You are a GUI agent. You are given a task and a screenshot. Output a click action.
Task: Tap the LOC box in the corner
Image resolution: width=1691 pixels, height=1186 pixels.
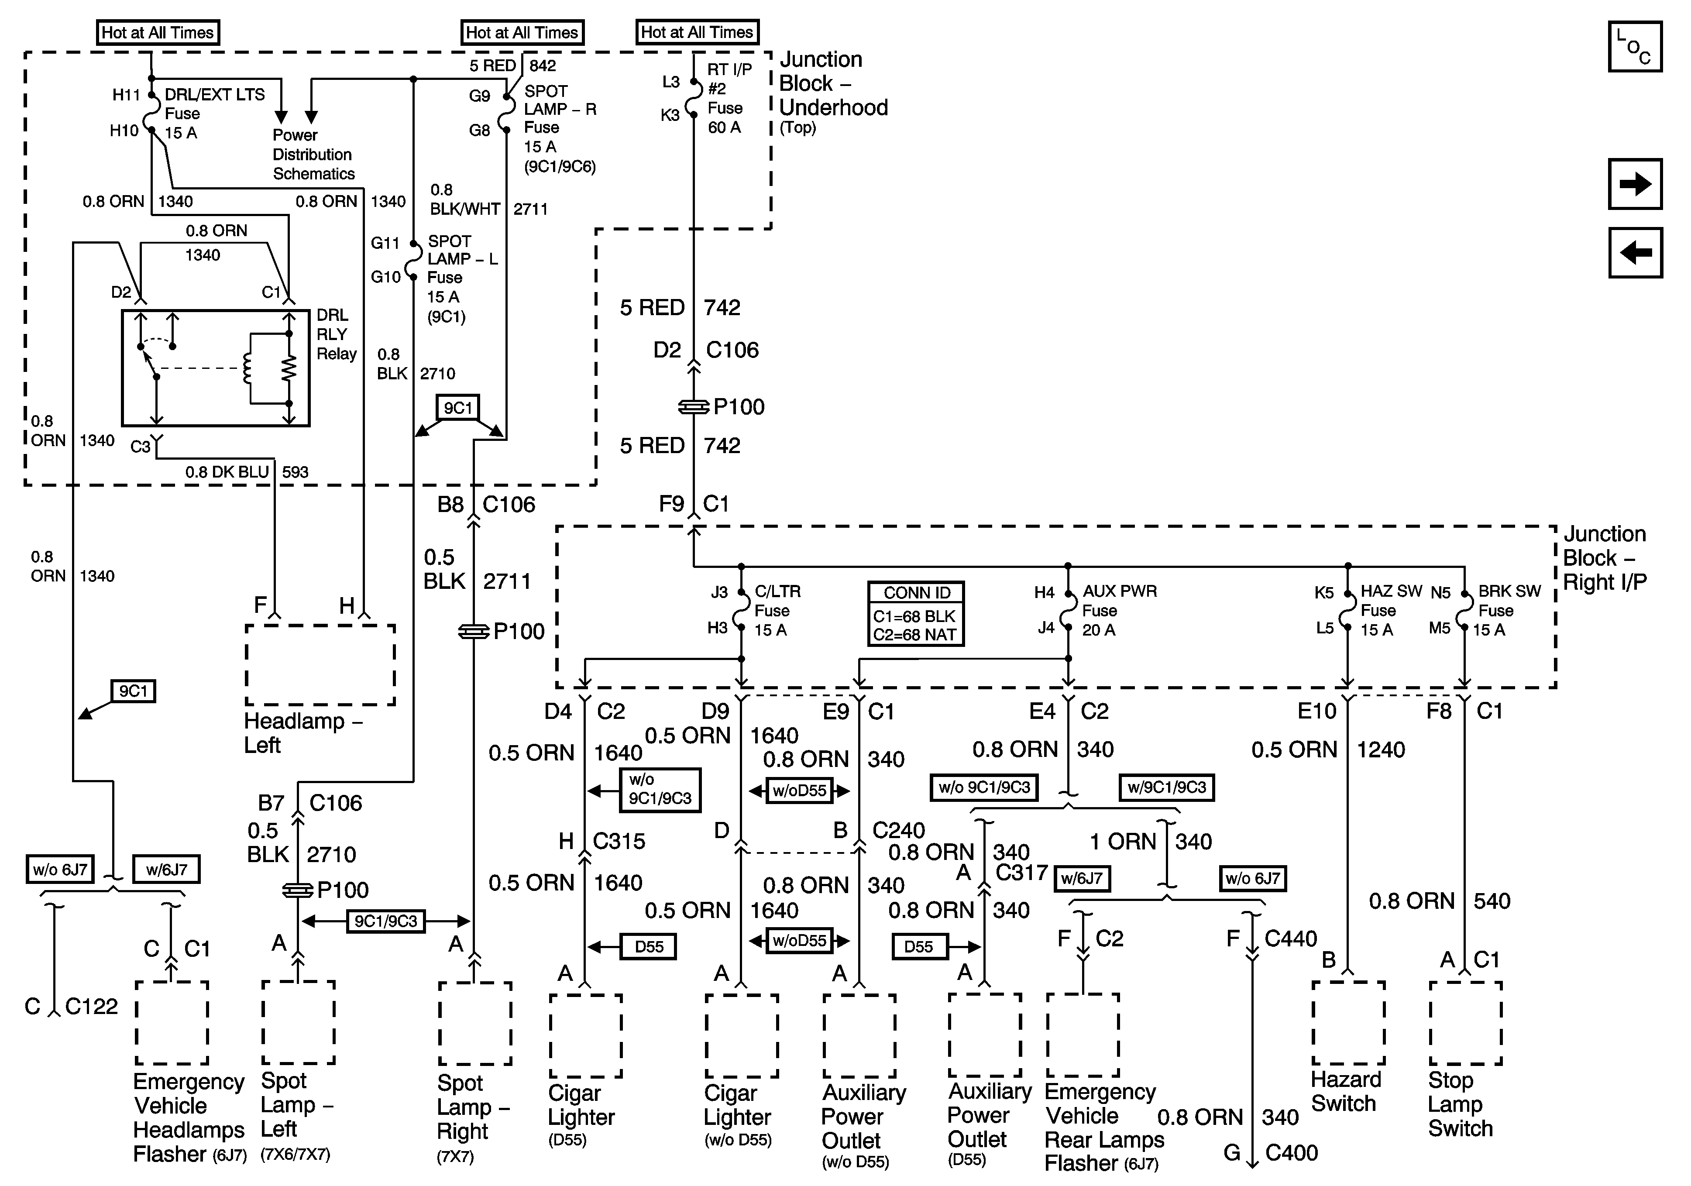click(1635, 46)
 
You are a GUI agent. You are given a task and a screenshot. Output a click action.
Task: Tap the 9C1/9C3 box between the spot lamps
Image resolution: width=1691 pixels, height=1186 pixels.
click(385, 921)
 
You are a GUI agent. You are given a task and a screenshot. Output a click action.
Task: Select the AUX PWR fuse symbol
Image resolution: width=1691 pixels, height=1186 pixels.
click(1068, 611)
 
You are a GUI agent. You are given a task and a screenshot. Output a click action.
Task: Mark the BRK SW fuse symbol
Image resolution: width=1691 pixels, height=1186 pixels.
click(1464, 611)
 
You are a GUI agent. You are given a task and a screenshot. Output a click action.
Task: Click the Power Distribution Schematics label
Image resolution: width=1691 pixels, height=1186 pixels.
click(313, 155)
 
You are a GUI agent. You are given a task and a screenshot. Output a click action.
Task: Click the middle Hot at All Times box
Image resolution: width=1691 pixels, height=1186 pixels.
click(522, 32)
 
